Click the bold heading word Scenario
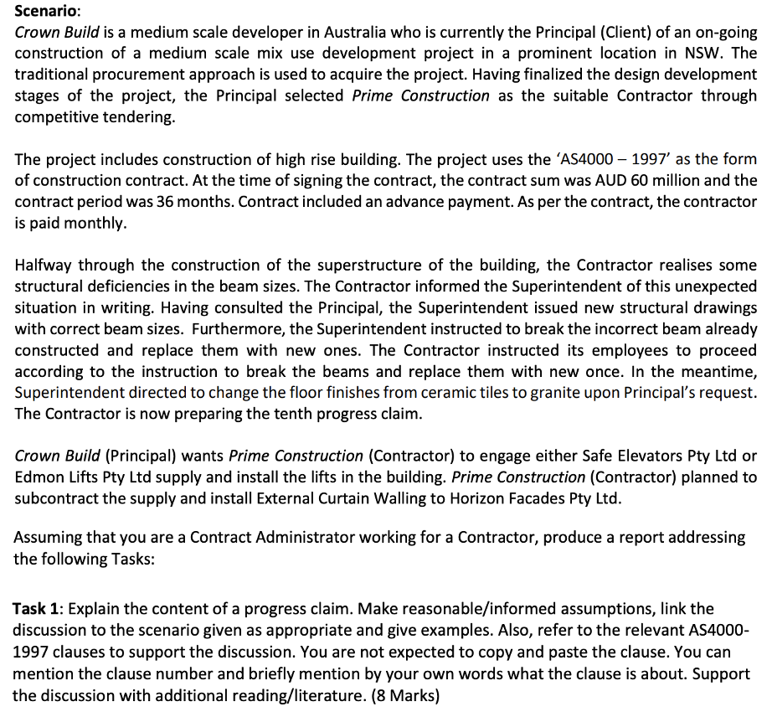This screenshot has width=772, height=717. [x=45, y=12]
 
